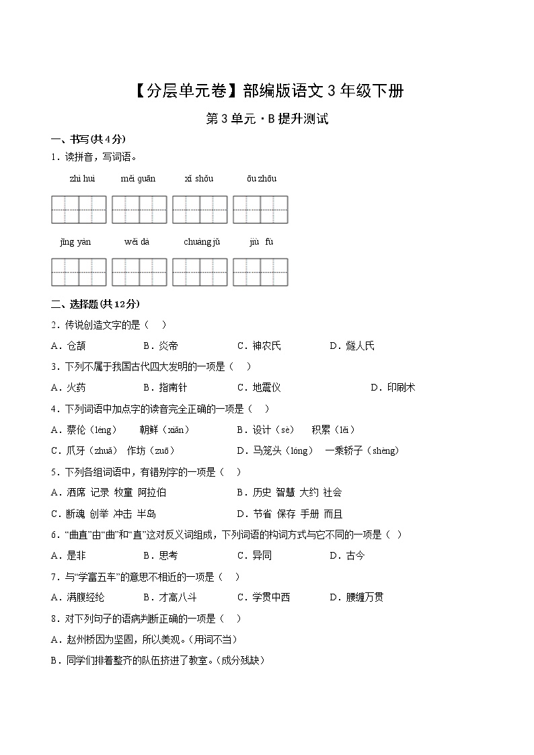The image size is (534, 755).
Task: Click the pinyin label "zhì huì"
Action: point(82,179)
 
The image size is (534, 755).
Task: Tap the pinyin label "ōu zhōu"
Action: point(261,179)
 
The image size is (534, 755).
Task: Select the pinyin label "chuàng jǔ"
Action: point(202,242)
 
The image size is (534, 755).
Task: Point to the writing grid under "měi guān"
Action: point(139,210)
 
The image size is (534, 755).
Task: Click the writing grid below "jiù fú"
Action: point(260,272)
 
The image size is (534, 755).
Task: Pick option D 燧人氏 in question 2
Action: point(358,346)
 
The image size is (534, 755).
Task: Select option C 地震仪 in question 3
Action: point(266,388)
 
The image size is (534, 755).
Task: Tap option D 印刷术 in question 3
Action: point(401,388)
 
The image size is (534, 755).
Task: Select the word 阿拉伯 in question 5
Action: point(152,493)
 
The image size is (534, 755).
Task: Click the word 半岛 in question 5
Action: point(147,514)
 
